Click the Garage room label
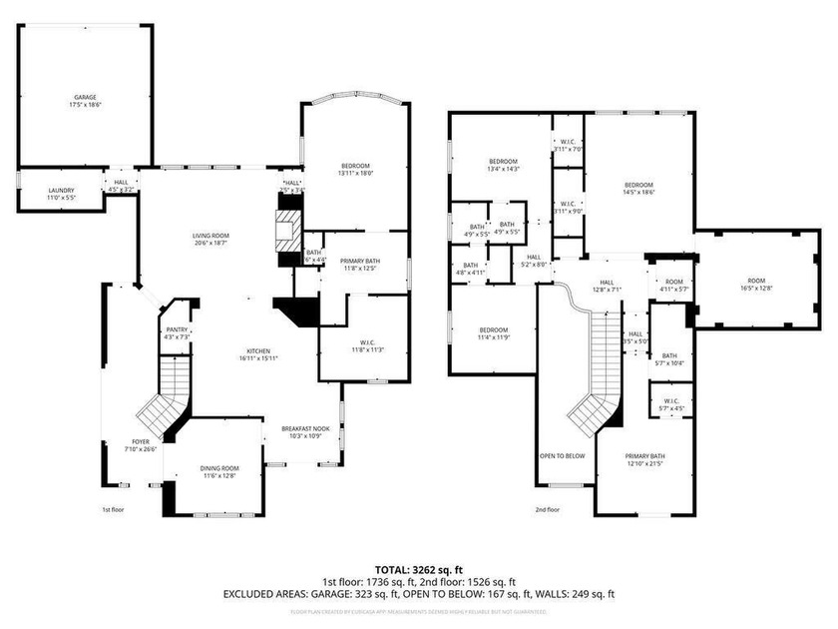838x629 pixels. point(84,101)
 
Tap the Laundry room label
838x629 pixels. point(61,194)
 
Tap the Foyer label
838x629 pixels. point(143,444)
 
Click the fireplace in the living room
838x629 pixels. point(287,228)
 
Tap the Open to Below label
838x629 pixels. point(562,455)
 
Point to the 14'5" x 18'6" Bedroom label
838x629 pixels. point(638,189)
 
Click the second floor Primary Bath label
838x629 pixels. point(643,458)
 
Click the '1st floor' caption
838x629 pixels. point(113,509)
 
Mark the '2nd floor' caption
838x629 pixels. point(547,509)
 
